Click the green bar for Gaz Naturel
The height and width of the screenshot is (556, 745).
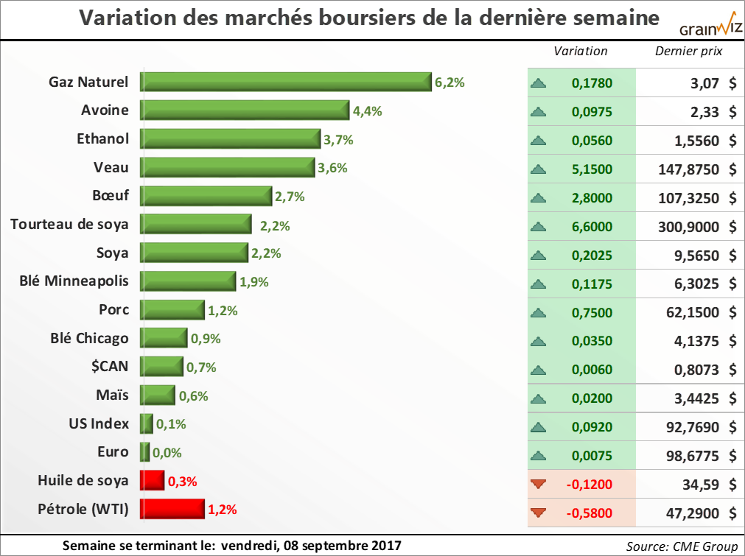point(286,82)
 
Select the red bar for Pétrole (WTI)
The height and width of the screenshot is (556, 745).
point(172,509)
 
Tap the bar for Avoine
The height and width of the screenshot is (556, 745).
point(245,110)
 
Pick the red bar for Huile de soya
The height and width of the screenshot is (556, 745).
point(152,481)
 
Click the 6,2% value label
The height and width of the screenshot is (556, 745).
point(450,82)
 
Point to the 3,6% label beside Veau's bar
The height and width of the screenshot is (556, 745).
point(332,168)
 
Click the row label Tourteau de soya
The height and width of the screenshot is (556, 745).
point(69,225)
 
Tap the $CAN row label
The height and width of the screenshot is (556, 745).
point(108,367)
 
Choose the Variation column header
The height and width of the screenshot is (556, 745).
point(581,51)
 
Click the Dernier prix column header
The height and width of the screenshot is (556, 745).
point(688,51)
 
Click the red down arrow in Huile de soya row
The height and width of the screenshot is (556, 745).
point(539,484)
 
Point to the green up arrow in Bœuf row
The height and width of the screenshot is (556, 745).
point(539,198)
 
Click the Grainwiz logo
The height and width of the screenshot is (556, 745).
point(710,27)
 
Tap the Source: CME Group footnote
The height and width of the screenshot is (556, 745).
point(682,546)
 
